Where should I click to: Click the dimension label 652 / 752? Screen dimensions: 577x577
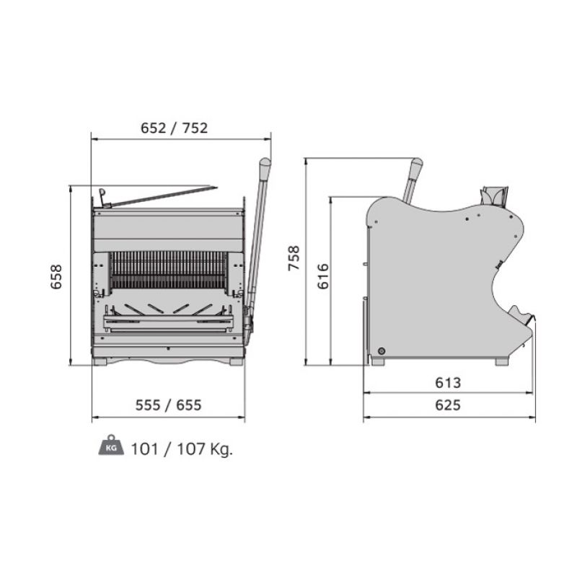coord(174,128)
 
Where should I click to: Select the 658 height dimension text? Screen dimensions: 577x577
coord(56,277)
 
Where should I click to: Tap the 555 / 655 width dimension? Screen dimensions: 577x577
coord(169,405)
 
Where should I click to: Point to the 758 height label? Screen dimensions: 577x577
coord(294,258)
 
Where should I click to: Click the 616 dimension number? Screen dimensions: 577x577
coord(322,276)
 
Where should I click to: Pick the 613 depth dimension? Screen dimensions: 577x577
coord(448,383)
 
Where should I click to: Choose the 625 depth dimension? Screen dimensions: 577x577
coord(448,405)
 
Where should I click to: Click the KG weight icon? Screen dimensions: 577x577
coord(111,445)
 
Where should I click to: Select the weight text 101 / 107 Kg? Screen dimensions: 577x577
coord(182,449)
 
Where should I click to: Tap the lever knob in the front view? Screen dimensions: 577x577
coord(265,167)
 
